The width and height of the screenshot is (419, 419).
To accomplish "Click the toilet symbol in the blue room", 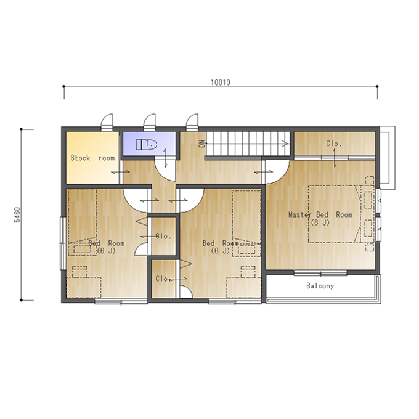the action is click(146, 145).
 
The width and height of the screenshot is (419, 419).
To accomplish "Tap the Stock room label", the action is click(92, 158).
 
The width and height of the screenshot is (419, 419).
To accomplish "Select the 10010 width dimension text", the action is click(221, 83).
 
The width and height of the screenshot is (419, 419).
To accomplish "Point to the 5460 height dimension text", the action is click(17, 214).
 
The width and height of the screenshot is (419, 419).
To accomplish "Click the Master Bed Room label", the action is click(320, 214).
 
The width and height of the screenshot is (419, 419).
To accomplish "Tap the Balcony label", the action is click(320, 286).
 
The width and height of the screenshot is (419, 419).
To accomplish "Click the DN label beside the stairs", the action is click(201, 144).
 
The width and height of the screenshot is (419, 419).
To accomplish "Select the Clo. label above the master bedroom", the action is click(334, 144).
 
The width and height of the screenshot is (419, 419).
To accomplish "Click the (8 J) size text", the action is click(320, 222).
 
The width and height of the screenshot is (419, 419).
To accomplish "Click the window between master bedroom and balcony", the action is click(320, 273).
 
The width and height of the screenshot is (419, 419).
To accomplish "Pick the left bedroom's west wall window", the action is click(63, 243).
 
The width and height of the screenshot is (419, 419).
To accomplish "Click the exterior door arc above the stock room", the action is click(107, 122).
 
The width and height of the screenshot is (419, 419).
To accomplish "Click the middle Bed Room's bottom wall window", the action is click(235, 302).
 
